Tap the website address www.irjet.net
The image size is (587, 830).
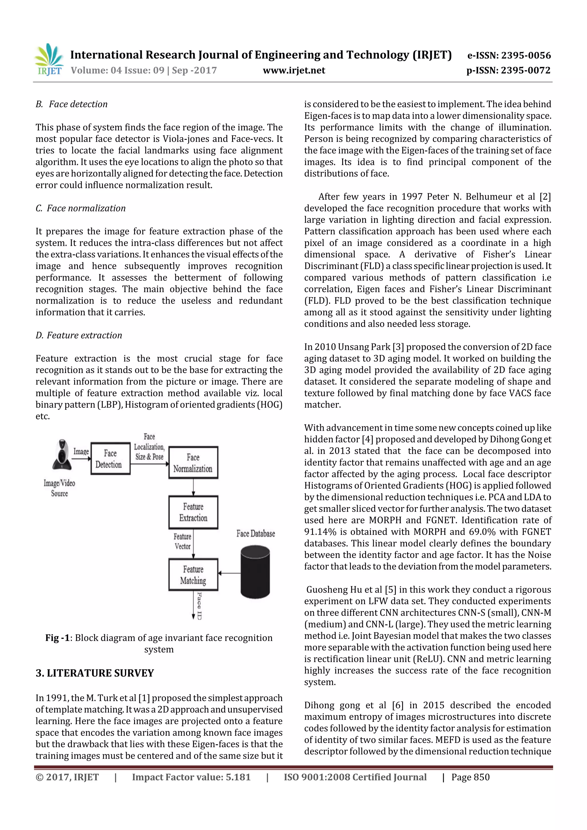294,70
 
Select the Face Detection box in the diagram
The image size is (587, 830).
110,459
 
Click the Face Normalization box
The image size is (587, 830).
193,463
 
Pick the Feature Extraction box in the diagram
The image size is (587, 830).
193,512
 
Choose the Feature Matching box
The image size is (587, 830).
193,575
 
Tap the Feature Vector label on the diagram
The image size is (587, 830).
182,541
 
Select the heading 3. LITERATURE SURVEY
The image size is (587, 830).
95,673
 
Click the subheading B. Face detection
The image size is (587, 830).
72,104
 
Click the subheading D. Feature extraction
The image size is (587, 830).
79,335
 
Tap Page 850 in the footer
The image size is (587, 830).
470,777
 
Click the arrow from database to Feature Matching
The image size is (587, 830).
229,573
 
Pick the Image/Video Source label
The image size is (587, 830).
59,488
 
